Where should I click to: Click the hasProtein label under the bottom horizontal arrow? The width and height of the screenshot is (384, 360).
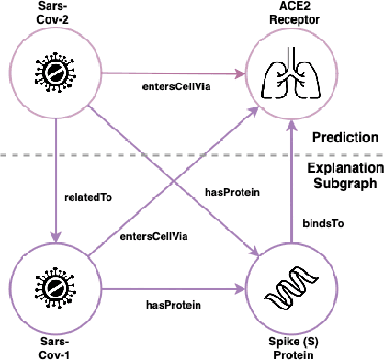(175, 302)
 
